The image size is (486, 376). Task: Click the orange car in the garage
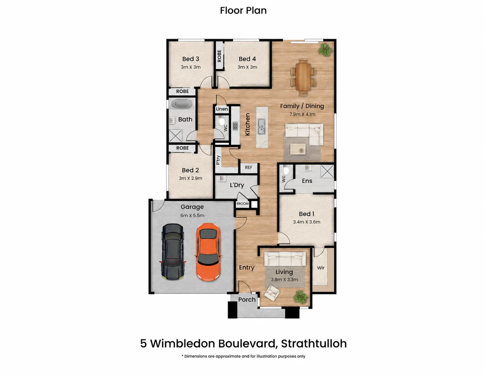coord(208,252)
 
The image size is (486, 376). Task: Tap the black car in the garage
coord(172,252)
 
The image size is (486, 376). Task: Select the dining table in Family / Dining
coord(303,77)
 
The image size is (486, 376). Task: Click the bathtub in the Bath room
coord(182,104)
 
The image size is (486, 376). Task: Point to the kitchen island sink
coord(261,126)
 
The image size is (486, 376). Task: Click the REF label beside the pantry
coord(249,167)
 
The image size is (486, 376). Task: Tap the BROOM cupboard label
coord(242,204)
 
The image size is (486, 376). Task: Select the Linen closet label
coord(222,109)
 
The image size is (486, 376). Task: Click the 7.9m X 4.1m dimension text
coord(303,114)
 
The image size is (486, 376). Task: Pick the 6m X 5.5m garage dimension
coord(192,216)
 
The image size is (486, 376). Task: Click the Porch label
coord(247,299)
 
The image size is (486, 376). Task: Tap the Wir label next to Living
coord(321,268)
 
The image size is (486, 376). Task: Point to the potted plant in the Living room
coord(300,297)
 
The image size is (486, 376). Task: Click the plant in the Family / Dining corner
coord(325,50)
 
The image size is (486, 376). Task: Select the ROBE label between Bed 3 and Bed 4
coord(219,56)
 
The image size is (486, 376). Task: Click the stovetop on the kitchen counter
coord(235,126)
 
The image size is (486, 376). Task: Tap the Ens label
coord(307,181)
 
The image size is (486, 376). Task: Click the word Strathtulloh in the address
coord(314,344)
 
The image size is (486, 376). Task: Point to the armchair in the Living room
coord(272,292)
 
